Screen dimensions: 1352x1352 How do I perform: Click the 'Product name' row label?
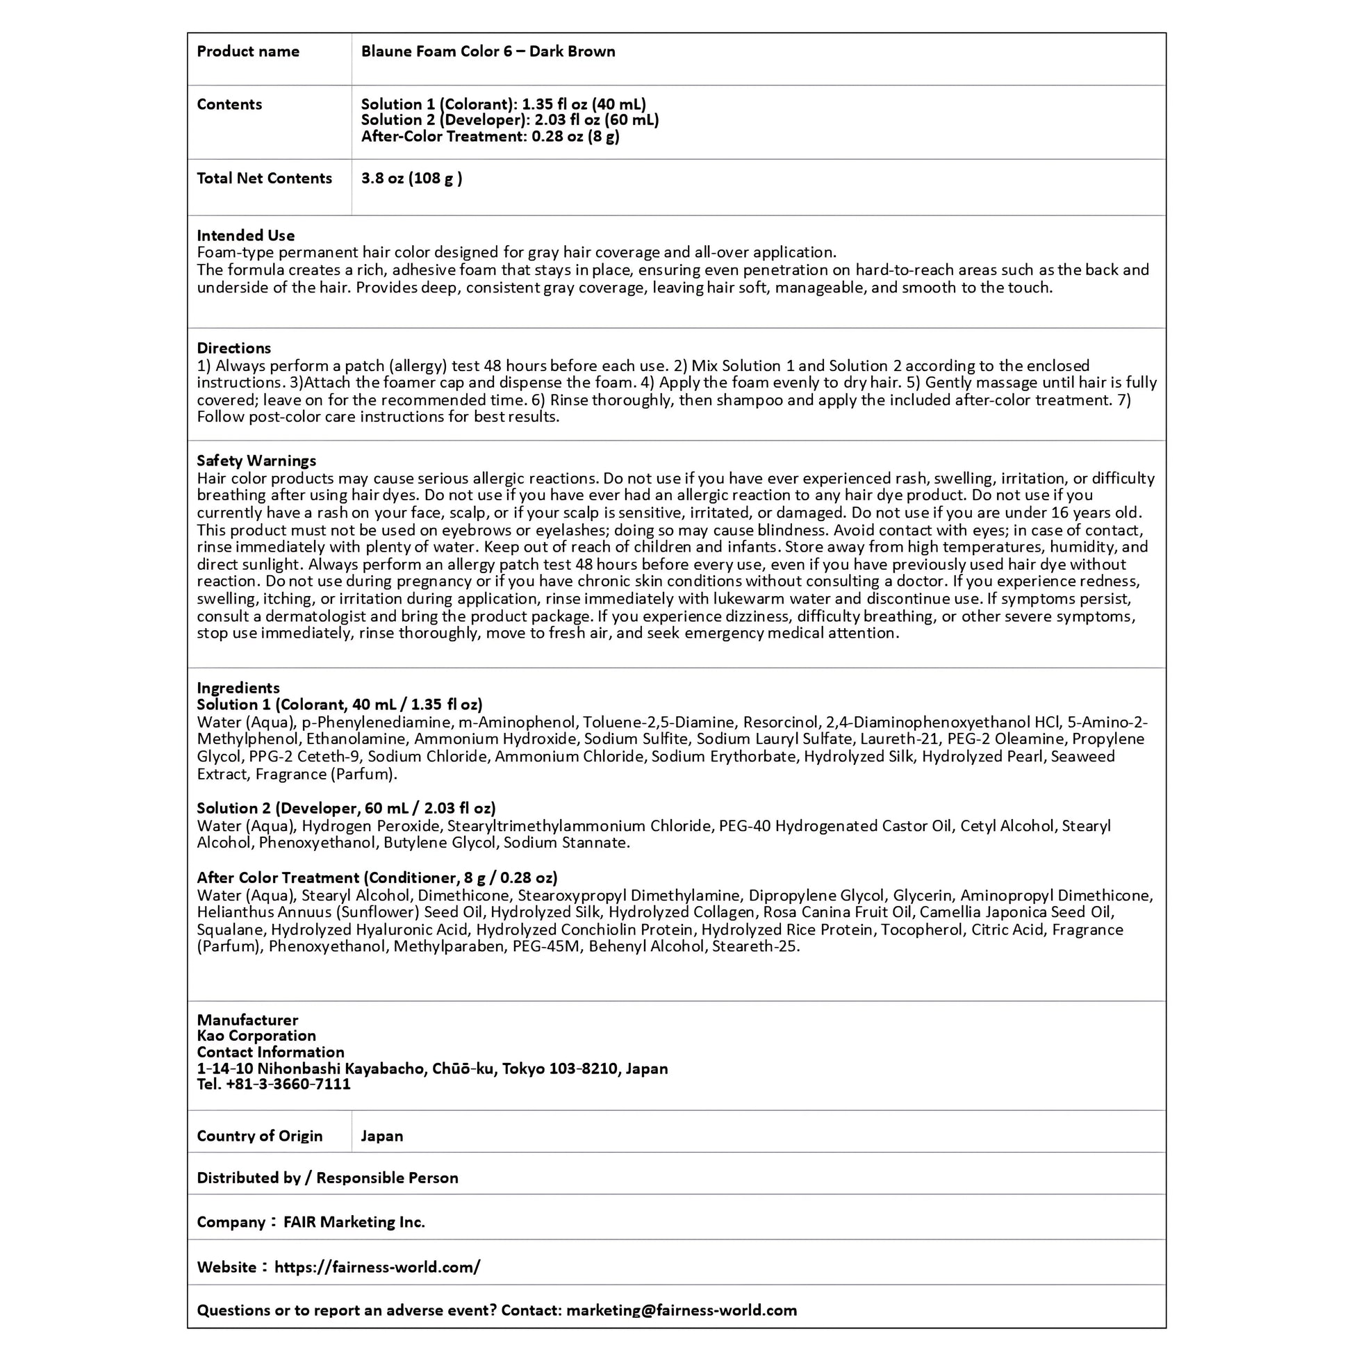(248, 51)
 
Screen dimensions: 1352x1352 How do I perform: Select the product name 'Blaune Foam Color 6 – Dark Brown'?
(488, 51)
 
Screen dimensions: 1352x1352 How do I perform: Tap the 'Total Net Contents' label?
(264, 179)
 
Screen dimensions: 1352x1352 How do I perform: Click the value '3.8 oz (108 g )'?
(411, 179)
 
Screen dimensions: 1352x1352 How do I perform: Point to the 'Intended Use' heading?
(246, 235)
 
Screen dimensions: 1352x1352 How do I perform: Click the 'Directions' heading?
(233, 348)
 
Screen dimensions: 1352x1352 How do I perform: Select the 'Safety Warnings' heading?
(256, 461)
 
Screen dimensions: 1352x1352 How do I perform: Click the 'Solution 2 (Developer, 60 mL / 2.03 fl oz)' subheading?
(347, 808)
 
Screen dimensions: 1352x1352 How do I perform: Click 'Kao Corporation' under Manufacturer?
(256, 1036)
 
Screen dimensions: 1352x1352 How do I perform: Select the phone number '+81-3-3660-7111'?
(288, 1084)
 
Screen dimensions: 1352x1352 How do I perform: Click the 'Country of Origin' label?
(260, 1136)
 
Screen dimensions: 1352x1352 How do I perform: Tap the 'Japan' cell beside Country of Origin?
(382, 1136)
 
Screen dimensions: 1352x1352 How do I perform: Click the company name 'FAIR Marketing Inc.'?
(354, 1222)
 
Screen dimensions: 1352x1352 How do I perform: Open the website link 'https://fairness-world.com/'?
(377, 1267)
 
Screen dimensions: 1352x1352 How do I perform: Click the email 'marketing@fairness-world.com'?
(682, 1310)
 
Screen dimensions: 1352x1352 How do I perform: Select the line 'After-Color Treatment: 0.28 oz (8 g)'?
(490, 136)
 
